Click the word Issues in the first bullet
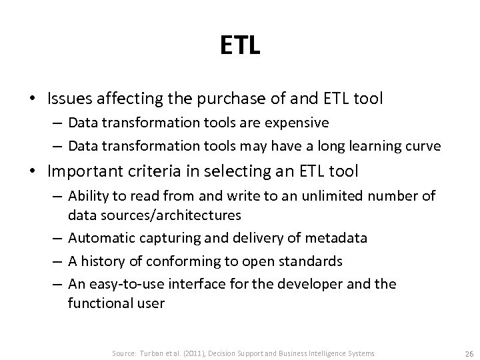click(x=67, y=99)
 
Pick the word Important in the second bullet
click(x=81, y=171)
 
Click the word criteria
click(x=147, y=171)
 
